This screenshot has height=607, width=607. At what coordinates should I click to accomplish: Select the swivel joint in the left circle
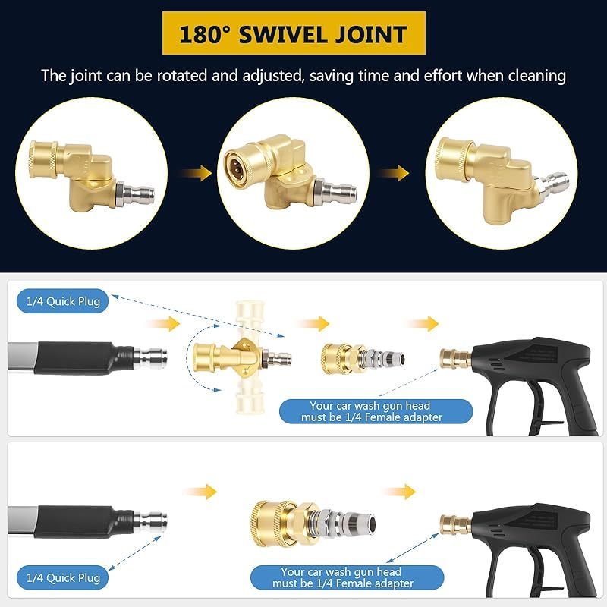pyautogui.click(x=92, y=176)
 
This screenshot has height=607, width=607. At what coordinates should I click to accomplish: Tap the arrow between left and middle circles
pyautogui.click(x=196, y=173)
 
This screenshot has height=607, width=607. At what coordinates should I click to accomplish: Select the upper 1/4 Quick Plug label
pyautogui.click(x=62, y=301)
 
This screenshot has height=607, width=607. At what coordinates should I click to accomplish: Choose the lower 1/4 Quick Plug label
pyautogui.click(x=62, y=577)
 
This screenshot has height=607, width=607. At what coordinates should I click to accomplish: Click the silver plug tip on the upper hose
pyautogui.click(x=150, y=358)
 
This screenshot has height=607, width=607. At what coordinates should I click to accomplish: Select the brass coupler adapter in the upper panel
pyautogui.click(x=363, y=358)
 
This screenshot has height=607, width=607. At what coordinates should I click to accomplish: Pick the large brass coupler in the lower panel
pyautogui.click(x=313, y=523)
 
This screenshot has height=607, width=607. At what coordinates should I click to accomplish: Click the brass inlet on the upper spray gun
pyautogui.click(x=456, y=358)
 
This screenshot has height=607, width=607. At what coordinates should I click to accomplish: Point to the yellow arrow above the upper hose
pyautogui.click(x=162, y=324)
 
